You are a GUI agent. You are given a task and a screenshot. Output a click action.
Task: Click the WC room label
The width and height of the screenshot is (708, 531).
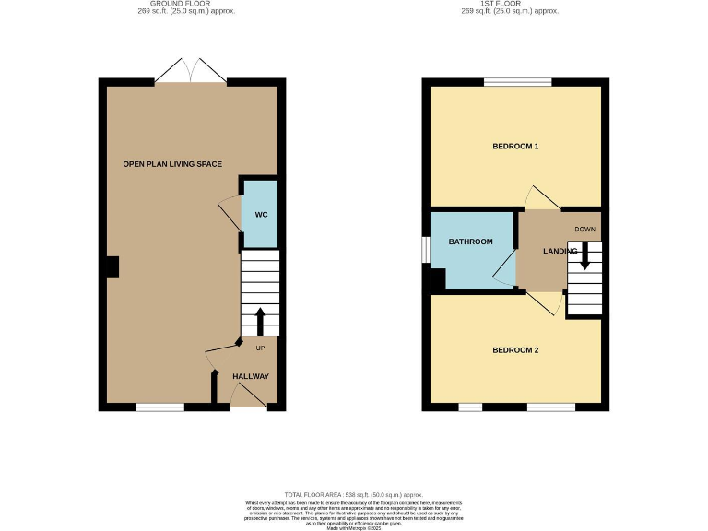click(x=261, y=215)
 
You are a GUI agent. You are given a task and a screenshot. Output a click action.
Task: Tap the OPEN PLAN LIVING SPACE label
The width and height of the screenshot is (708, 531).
click(x=172, y=164)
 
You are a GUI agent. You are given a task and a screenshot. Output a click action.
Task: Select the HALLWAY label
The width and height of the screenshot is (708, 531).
click(x=250, y=376)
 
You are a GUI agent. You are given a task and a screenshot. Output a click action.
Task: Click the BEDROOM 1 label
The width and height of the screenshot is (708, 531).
click(x=514, y=147)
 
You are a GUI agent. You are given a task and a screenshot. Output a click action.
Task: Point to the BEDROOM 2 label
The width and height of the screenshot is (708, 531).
click(x=514, y=350)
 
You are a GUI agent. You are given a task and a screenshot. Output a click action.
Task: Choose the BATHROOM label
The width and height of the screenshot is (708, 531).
click(x=470, y=242)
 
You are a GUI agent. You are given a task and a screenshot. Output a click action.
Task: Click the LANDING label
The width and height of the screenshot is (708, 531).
click(x=560, y=251)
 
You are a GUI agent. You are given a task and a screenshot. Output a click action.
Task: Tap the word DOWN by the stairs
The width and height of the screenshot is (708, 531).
click(x=584, y=230)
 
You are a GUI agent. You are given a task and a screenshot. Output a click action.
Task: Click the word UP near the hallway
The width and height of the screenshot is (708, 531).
click(x=260, y=348)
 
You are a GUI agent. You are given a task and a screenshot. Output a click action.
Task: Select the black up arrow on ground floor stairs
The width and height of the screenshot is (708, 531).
click(x=260, y=320)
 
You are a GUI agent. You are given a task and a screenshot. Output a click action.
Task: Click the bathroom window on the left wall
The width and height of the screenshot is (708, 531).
click(x=425, y=250)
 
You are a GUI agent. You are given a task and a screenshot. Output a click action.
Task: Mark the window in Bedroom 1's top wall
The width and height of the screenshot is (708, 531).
click(x=517, y=82)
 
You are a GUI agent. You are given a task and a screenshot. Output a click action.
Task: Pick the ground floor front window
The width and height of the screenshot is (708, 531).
click(x=159, y=407)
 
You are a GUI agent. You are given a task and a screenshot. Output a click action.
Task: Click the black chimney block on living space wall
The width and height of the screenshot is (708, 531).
click(x=110, y=266)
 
